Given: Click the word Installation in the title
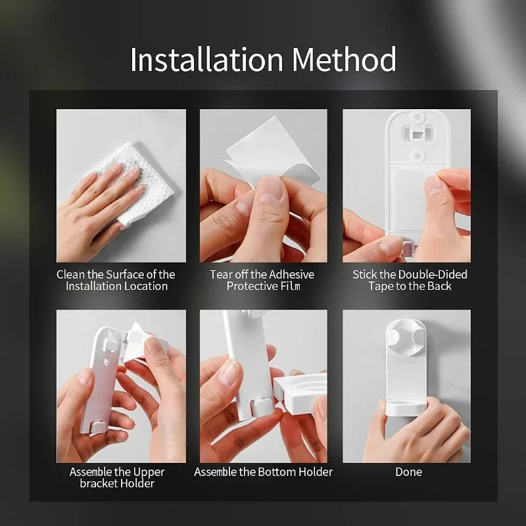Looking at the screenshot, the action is pos(206,59).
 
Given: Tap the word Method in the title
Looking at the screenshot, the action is pos(344,59).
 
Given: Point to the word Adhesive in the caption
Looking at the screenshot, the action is pos(291,274).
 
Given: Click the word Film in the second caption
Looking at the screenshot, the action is pos(291,286).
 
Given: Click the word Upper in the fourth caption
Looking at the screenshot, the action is pos(149,472).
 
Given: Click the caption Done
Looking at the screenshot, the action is pos(408,472).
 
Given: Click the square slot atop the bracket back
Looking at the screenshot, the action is pos(418,135).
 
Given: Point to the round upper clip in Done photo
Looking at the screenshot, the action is pos(405,337).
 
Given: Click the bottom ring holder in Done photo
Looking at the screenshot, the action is pos(406,406).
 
